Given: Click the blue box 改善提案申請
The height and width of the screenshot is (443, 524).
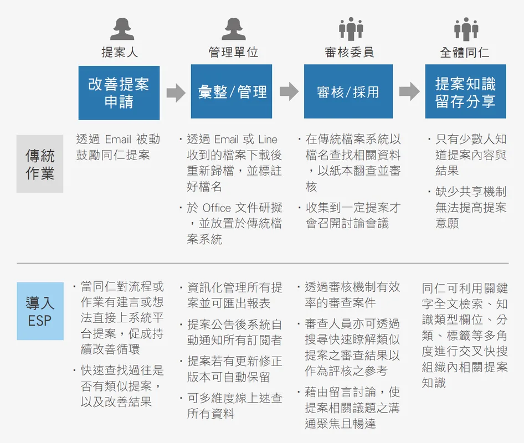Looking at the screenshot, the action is click(119, 93).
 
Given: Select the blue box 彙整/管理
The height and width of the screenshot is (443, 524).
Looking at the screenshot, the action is click(231, 91).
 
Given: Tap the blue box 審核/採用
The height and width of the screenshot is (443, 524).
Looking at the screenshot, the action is click(348, 91).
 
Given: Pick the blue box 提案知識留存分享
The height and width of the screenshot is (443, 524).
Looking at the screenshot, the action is click(465, 91).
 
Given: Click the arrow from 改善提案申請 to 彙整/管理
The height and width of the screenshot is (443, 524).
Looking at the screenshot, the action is click(176, 92).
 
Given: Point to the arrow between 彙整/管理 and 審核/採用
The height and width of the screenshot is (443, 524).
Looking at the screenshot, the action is click(289, 91).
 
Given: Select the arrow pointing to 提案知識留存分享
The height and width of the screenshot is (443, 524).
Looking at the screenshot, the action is click(409, 91).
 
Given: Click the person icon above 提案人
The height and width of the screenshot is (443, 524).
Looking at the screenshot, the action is click(122, 29).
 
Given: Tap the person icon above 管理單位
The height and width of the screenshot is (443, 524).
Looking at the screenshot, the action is click(234, 29).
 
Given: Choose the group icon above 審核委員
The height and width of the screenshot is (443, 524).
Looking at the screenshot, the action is click(351, 29).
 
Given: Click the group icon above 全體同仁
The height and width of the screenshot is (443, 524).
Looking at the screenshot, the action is click(466, 29).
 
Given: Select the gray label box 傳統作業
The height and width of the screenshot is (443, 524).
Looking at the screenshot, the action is click(40, 164).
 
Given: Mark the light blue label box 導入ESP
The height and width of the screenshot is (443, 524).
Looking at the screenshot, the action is click(40, 311).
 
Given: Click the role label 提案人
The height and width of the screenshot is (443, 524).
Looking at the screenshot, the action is click(120, 53).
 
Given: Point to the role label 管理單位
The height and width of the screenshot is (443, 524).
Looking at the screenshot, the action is click(233, 53).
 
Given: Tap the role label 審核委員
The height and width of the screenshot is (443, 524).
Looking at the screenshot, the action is click(349, 53).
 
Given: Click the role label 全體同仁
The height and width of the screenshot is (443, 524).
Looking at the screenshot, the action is click(465, 53).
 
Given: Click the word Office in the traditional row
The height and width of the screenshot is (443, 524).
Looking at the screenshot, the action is click(217, 208).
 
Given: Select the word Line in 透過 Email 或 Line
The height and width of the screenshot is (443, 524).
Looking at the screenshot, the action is click(268, 140).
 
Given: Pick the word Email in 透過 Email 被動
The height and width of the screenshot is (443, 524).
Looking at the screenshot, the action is click(118, 140).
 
